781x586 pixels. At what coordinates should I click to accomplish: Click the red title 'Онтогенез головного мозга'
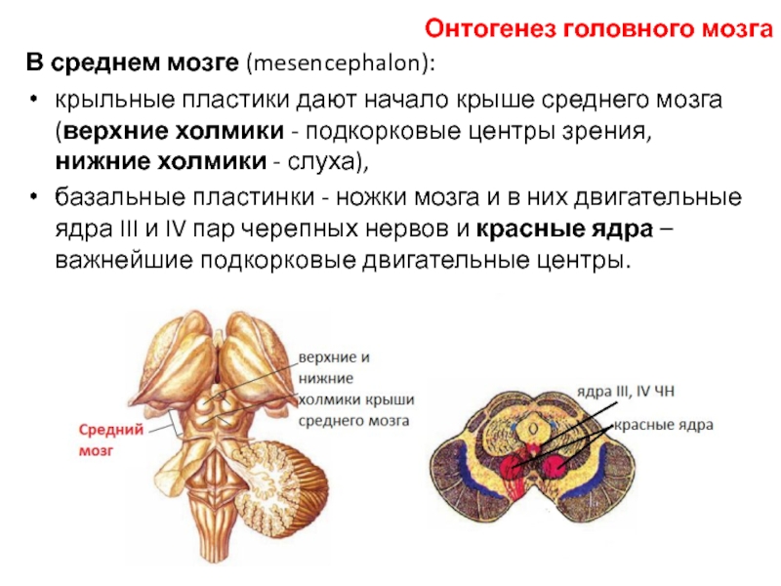click(x=598, y=29)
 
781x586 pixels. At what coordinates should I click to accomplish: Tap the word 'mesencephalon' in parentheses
click(x=337, y=63)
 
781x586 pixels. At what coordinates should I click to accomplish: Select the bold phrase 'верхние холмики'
click(x=174, y=131)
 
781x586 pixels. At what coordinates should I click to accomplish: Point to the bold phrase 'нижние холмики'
click(x=161, y=162)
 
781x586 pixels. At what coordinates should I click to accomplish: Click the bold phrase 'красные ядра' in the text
click(x=564, y=230)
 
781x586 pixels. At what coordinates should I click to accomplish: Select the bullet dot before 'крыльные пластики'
click(x=33, y=99)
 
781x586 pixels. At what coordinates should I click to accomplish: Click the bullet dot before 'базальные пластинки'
click(x=33, y=196)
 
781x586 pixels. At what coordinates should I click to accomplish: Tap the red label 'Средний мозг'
click(x=111, y=440)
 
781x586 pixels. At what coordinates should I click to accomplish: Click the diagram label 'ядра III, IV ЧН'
click(x=626, y=392)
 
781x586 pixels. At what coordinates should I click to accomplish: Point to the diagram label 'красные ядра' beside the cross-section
click(x=664, y=425)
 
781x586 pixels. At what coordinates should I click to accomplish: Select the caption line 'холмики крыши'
click(x=356, y=399)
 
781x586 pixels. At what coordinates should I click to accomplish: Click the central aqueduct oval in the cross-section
click(x=533, y=429)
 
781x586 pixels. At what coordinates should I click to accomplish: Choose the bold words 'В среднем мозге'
click(x=133, y=63)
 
